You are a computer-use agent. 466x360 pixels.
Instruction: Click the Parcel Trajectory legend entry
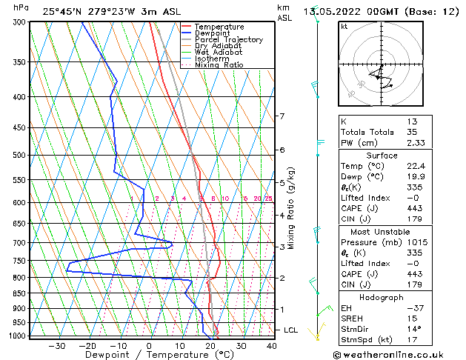(x=228, y=39)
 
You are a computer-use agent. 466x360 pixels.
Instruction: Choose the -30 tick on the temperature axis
(x=56, y=346)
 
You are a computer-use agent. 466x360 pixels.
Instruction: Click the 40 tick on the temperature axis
(x=272, y=346)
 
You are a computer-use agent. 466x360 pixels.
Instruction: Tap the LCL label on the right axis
(x=292, y=330)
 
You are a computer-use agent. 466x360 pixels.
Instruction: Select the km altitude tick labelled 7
(x=282, y=116)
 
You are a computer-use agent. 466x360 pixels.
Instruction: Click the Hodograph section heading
(x=381, y=297)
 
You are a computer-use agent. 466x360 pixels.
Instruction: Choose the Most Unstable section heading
(x=381, y=231)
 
